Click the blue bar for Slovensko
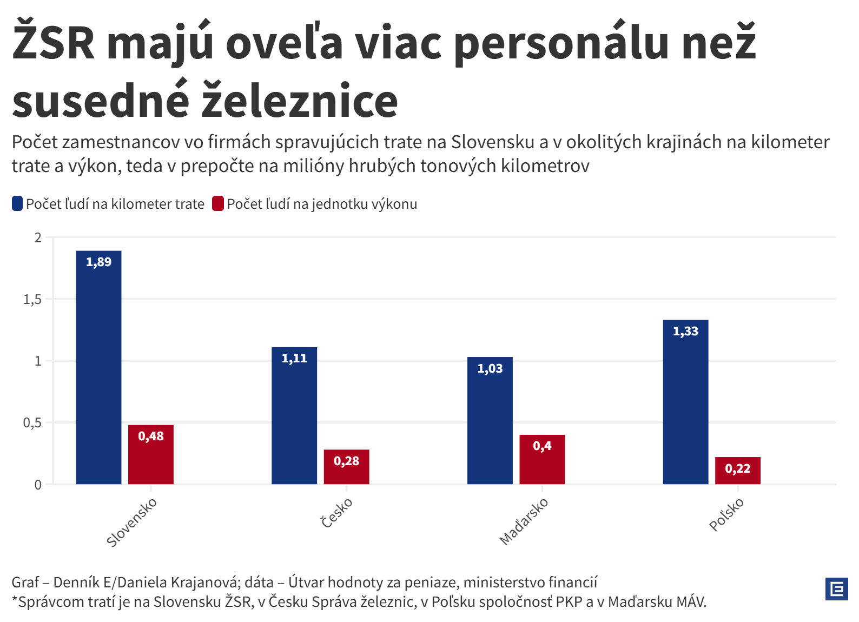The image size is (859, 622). tap(98, 367)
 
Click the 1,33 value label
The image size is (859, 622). tap(685, 332)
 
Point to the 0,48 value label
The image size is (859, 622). tap(151, 436)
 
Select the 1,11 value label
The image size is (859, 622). tap(294, 359)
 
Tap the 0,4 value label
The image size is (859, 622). tap(542, 446)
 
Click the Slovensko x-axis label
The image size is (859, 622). tap(131, 522)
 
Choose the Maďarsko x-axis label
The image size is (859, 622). tap(524, 521)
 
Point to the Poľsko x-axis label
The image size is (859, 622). tap(726, 515)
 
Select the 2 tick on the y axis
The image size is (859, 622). tap(38, 238)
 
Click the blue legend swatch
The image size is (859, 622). tap(17, 204)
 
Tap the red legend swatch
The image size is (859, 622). tap(218, 204)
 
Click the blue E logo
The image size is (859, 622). tap(836, 589)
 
